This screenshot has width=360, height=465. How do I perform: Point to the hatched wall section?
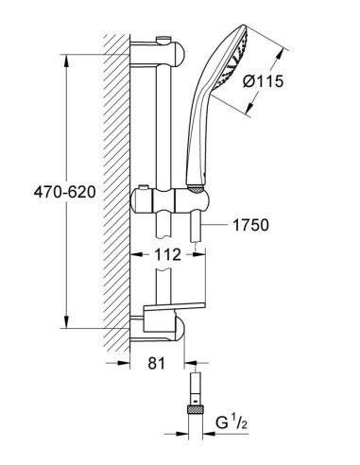pos(113,189)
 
